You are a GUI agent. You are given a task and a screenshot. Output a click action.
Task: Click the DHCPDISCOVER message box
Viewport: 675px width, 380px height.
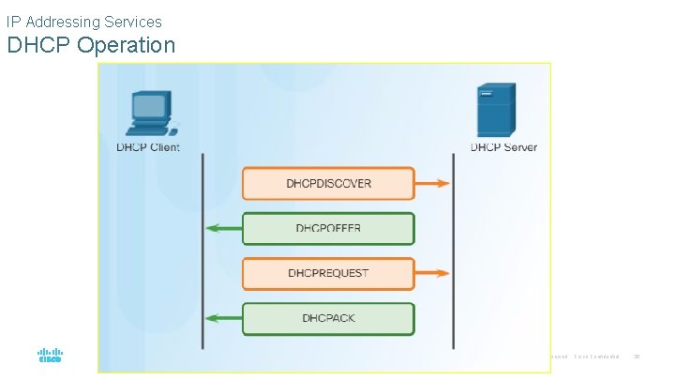tap(328, 183)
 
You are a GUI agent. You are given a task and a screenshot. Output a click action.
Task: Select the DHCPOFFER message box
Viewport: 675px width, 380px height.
tap(328, 228)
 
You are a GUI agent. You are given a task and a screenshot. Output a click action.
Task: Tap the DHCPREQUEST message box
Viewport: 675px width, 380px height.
tap(328, 273)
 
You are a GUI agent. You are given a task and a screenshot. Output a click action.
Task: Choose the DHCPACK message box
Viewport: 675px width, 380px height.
tap(328, 318)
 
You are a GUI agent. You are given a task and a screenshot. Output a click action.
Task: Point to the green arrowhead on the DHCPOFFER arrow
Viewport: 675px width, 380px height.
tap(215, 228)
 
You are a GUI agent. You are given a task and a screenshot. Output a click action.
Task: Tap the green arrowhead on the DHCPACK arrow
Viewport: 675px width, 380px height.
tap(215, 318)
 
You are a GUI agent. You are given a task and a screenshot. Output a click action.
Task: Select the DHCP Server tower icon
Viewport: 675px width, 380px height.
tap(496, 110)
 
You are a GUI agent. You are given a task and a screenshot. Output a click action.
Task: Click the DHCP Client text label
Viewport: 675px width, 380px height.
tap(148, 147)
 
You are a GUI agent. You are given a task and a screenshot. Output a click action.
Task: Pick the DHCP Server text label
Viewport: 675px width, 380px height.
tap(503, 147)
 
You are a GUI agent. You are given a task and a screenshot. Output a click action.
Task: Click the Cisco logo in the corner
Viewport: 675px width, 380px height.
tap(50, 357)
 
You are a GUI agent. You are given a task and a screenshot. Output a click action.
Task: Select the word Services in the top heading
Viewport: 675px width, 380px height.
tap(133, 21)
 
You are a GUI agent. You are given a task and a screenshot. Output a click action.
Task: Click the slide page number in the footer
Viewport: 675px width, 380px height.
tap(637, 357)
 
